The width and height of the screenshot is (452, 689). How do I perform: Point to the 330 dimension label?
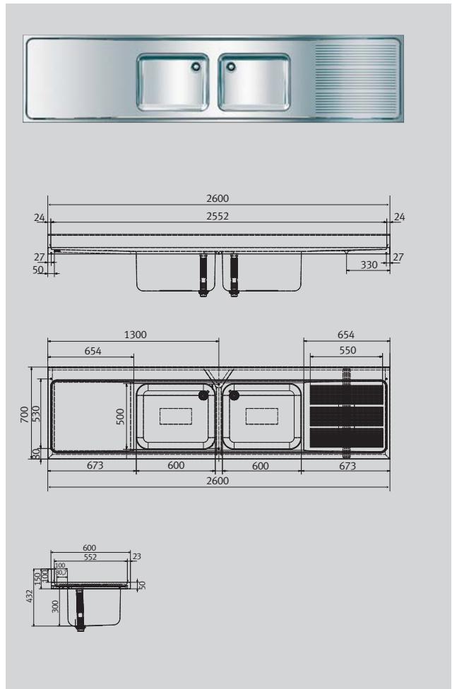(368, 265)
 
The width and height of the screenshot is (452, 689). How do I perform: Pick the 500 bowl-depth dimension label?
(121, 416)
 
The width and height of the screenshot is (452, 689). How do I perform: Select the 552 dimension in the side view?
(88, 557)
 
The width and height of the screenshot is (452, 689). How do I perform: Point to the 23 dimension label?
(136, 556)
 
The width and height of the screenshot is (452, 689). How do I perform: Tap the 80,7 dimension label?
(61, 573)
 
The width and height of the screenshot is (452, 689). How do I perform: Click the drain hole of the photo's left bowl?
(196, 67)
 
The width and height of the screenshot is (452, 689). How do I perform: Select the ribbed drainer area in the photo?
(355, 78)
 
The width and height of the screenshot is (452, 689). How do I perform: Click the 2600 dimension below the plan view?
(218, 480)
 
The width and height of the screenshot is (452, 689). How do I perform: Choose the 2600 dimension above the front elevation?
(218, 200)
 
